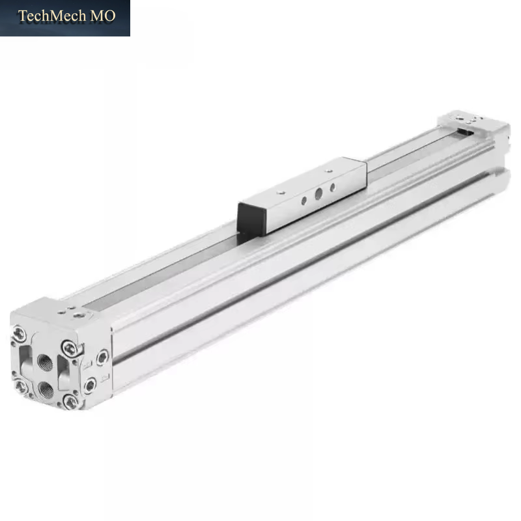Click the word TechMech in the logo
[52, 16]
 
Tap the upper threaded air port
[45, 362]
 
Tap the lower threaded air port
[46, 389]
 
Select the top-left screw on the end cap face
[20, 333]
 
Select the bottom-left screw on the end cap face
[21, 386]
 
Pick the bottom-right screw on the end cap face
[71, 402]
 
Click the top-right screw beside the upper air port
[70, 348]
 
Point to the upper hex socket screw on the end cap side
[102, 358]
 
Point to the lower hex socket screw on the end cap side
[90, 386]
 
